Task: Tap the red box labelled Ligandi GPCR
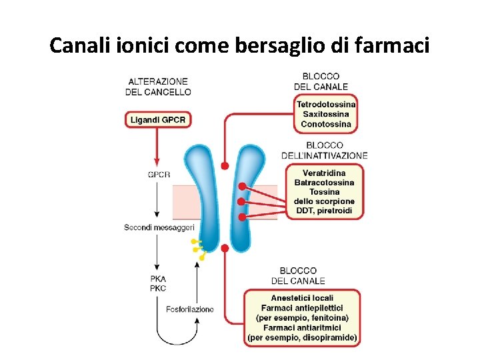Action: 158,120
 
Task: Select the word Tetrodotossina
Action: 326,105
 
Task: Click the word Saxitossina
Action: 326,115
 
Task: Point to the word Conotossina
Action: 326,124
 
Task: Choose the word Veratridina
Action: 324,173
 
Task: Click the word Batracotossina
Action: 324,183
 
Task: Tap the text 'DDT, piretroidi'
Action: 324,211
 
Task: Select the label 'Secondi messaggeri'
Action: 155,227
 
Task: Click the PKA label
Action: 158,279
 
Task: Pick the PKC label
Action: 158,288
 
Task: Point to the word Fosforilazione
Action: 190,309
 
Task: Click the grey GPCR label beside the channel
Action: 159,175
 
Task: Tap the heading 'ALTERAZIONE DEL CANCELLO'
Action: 158,87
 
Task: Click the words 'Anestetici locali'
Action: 302,298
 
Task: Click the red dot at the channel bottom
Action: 225,248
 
